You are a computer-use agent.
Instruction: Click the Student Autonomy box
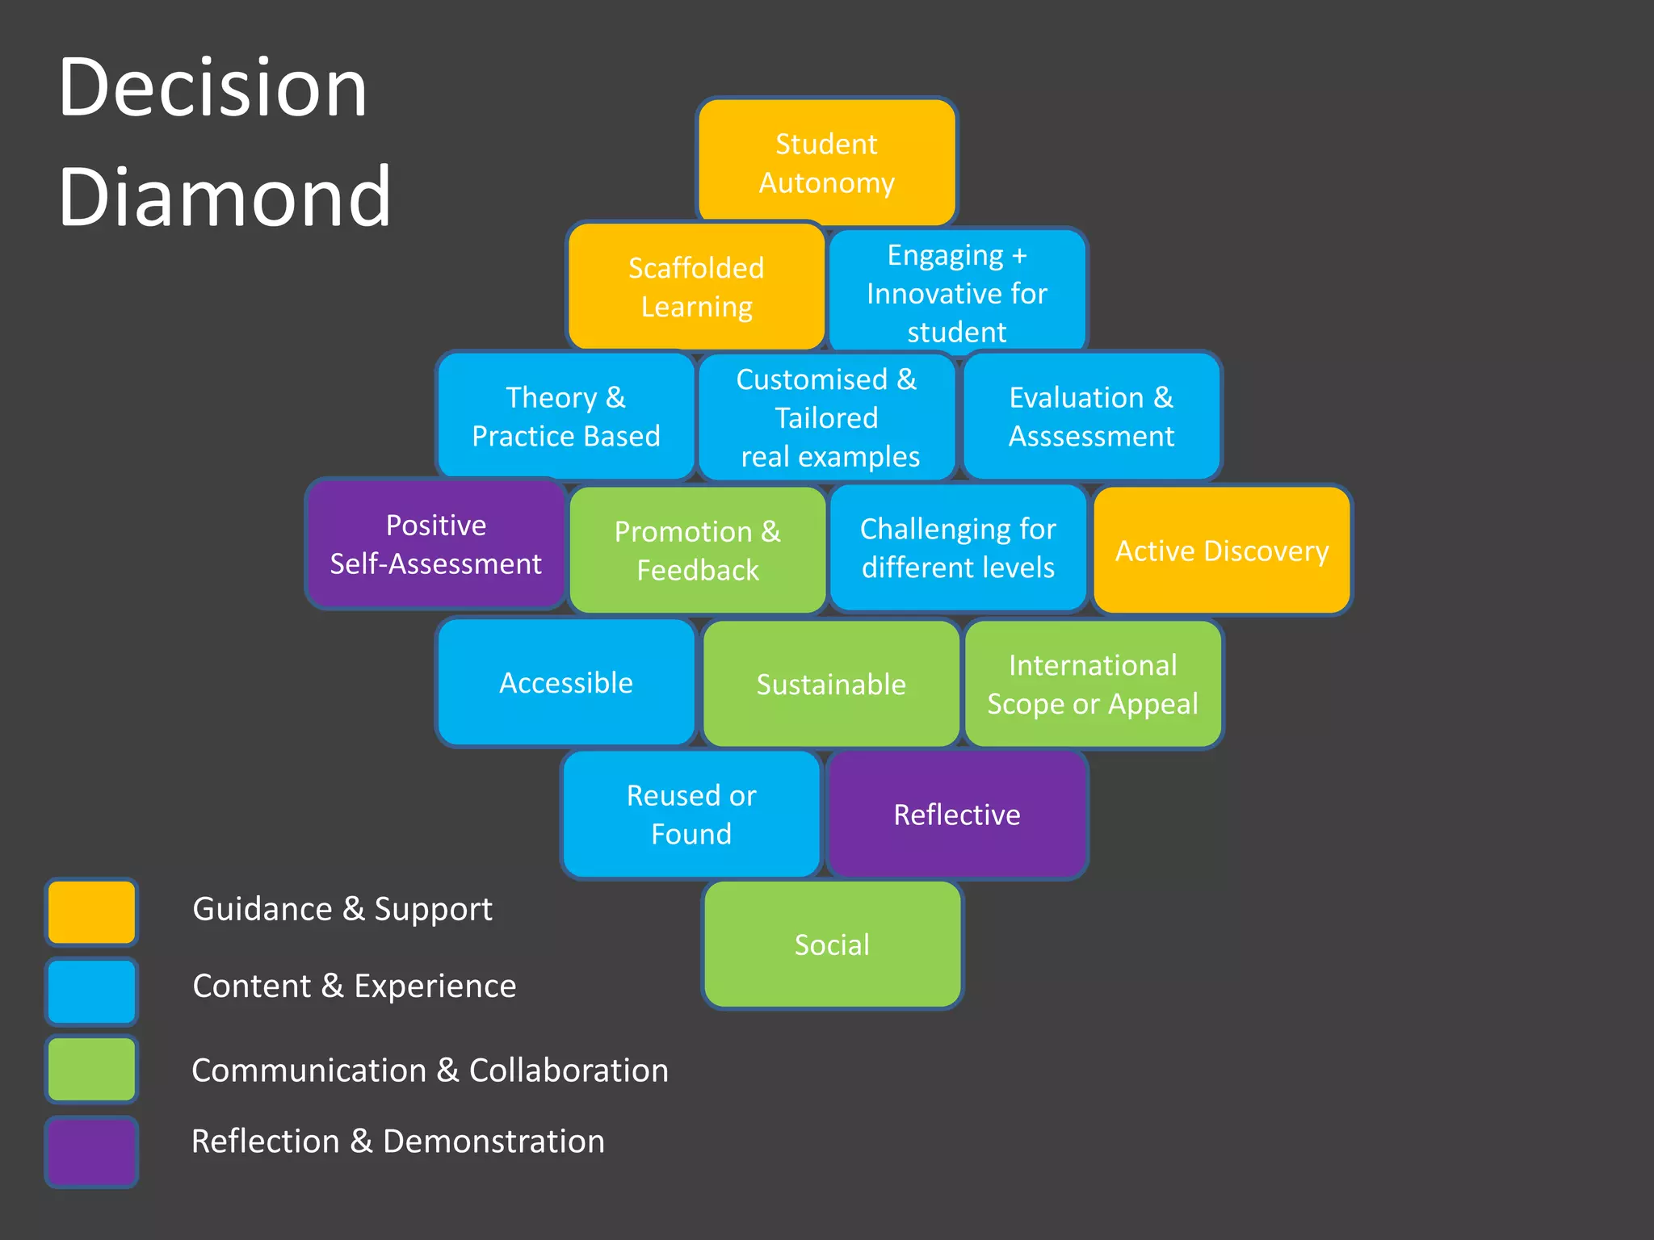click(x=826, y=162)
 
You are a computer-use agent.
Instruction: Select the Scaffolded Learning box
click(x=696, y=287)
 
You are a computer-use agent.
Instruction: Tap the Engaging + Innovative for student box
click(x=957, y=292)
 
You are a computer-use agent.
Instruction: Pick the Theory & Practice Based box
click(x=565, y=416)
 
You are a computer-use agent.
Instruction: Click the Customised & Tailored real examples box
click(x=827, y=417)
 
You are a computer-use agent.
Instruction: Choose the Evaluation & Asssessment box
click(x=1091, y=416)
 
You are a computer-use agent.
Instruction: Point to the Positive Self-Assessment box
click(x=435, y=543)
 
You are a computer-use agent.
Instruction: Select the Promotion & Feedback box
click(x=698, y=550)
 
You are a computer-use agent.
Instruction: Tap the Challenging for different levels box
click(x=958, y=547)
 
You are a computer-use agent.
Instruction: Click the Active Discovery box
click(x=1221, y=550)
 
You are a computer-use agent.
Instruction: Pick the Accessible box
click(x=565, y=682)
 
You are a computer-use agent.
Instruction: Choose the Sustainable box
click(x=831, y=684)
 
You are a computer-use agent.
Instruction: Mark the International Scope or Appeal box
click(x=1093, y=684)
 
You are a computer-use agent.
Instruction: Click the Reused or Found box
click(x=691, y=814)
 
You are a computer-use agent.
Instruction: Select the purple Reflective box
click(x=957, y=814)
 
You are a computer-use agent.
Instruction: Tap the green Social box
click(x=832, y=945)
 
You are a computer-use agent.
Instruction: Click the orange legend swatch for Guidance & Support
click(x=91, y=911)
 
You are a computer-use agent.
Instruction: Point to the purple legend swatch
click(x=91, y=1151)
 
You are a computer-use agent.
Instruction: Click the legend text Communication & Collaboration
click(x=430, y=1070)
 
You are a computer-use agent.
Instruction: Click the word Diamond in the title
click(x=225, y=195)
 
